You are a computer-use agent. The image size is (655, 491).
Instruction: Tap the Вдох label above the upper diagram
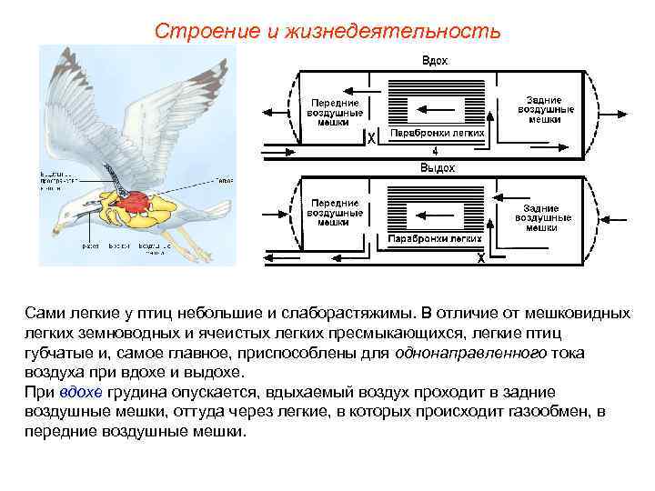pos(434,60)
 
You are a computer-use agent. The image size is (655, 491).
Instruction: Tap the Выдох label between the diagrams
pos(437,168)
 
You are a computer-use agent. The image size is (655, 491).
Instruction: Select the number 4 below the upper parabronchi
pos(435,151)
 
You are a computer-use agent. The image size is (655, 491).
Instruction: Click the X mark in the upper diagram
pos(371,139)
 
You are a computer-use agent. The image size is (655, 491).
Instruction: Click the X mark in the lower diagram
pos(480,258)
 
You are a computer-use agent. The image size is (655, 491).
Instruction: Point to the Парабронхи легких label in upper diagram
pos(437,133)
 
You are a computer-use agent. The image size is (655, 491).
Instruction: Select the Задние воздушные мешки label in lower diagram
pos(543,218)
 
